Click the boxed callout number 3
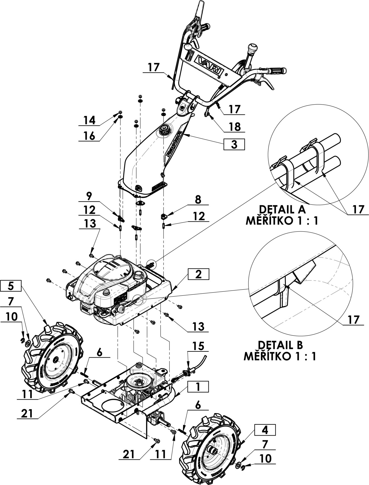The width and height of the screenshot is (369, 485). [234, 144]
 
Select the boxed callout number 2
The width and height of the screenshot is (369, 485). [198, 274]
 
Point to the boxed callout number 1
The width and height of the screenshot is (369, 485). [198, 387]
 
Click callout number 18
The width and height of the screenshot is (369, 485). [235, 127]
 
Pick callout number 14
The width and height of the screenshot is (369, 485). [89, 121]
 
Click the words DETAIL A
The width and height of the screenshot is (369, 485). [282, 210]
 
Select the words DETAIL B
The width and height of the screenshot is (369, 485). [280, 345]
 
